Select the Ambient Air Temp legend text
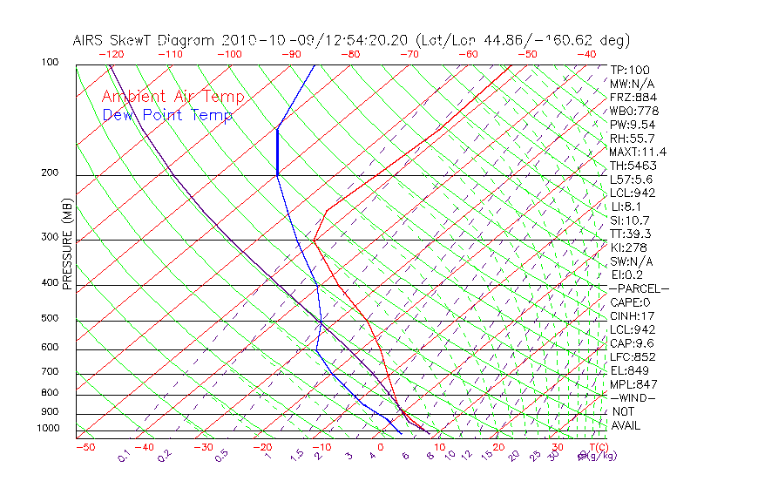click(x=173, y=98)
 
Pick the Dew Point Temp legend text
click(x=167, y=116)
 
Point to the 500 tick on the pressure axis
click(x=50, y=319)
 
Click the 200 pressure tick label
click(x=50, y=173)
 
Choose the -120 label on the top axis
click(x=111, y=54)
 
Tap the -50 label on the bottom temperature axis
click(x=85, y=447)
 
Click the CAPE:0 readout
click(x=630, y=302)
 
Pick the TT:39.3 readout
click(x=632, y=234)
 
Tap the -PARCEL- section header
click(x=639, y=289)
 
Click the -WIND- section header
click(x=633, y=398)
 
